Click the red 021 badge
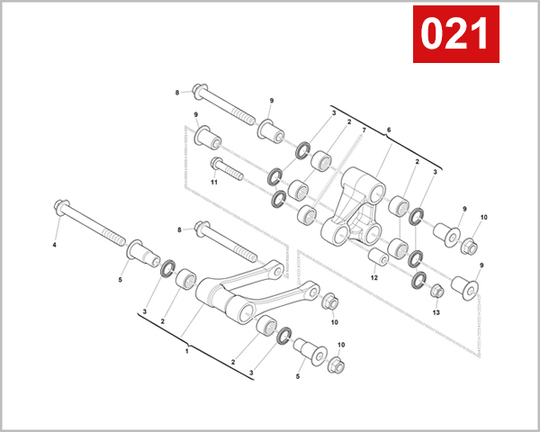click(455, 34)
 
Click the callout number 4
click(55, 245)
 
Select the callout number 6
click(389, 130)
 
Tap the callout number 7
click(363, 131)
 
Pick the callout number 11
click(215, 182)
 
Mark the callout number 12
click(375, 277)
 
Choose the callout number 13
click(436, 312)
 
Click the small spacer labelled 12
click(379, 259)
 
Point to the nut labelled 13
click(436, 291)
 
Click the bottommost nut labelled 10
click(336, 365)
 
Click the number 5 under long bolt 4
click(119, 279)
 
